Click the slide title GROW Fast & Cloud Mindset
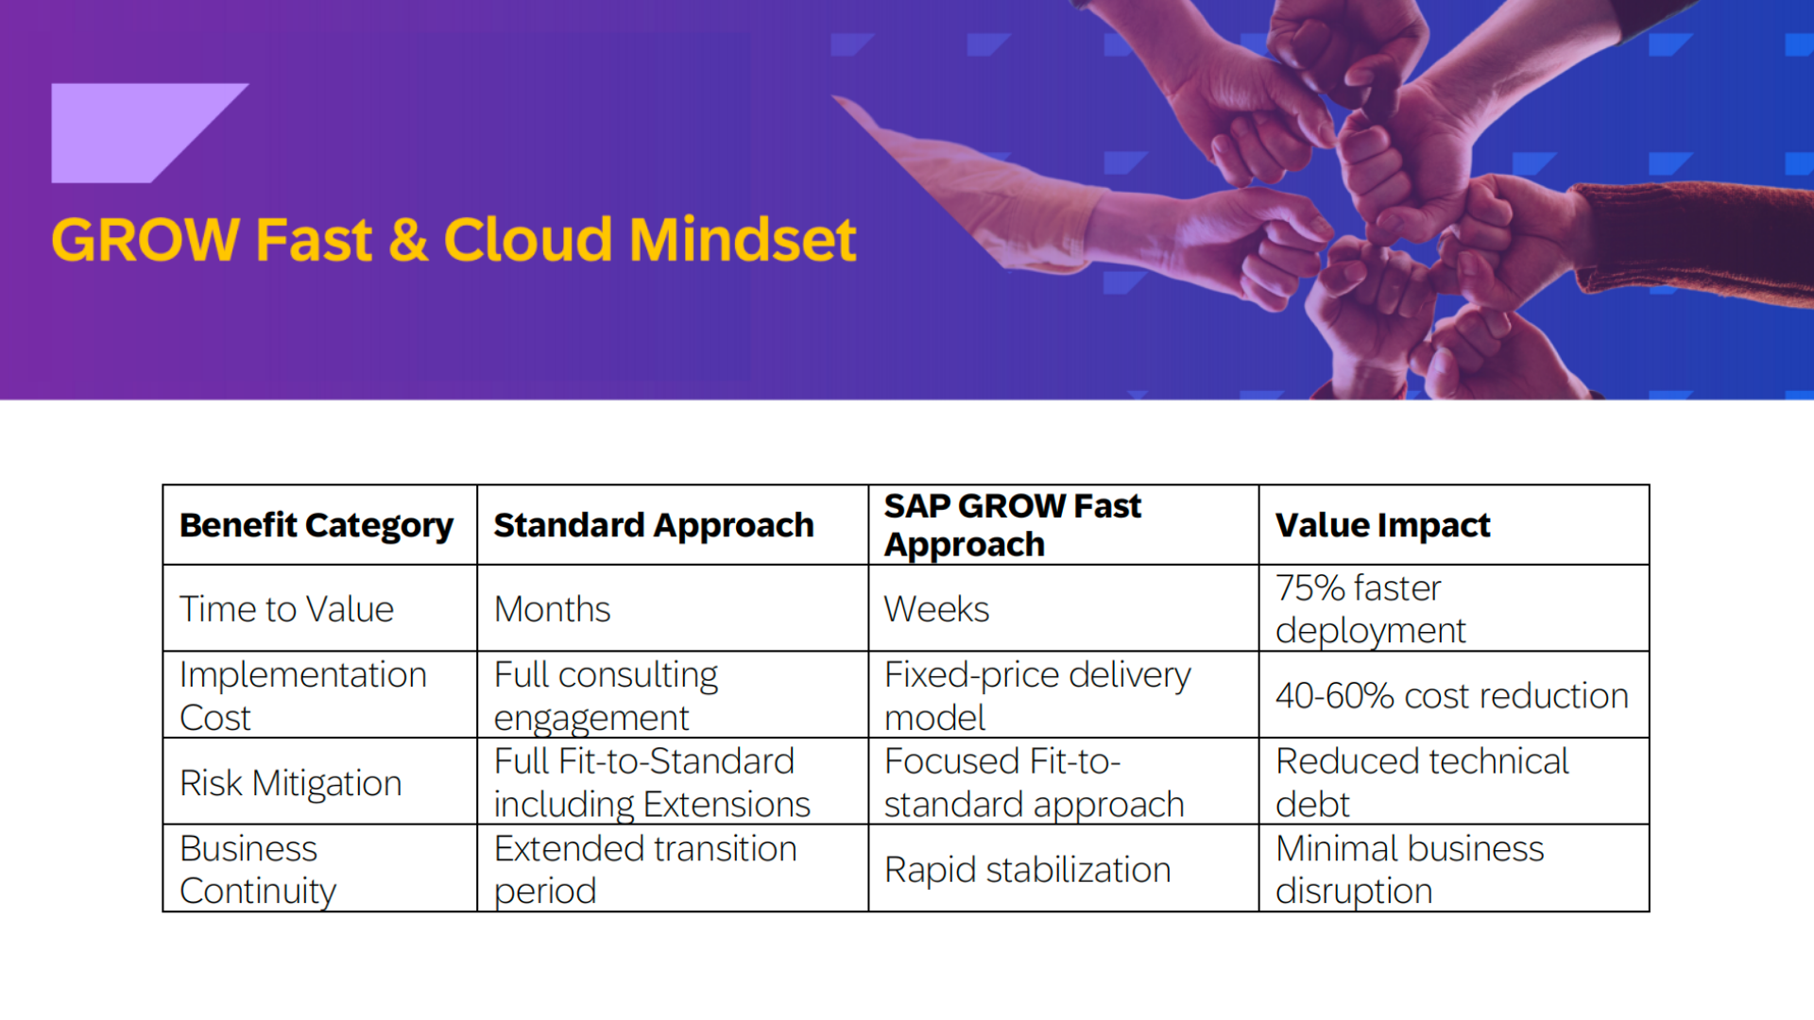click(x=453, y=240)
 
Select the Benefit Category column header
click(x=317, y=526)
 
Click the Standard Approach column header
click(x=654, y=525)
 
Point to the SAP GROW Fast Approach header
click(x=1013, y=525)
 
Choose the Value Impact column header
click(x=1383, y=525)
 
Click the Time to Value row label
click(x=286, y=609)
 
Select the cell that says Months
click(x=553, y=609)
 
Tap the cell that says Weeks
click(x=937, y=609)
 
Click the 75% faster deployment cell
click(x=1370, y=609)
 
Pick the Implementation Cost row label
click(x=303, y=696)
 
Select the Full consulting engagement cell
click(x=606, y=696)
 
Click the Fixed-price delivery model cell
click(x=1037, y=696)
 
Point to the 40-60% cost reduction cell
click(x=1452, y=696)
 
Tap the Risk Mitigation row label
click(x=291, y=783)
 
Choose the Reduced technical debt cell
click(x=1422, y=783)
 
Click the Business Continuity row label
click(x=258, y=870)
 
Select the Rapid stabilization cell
click(x=1027, y=870)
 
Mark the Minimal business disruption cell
click(x=1410, y=870)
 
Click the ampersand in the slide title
click(x=408, y=240)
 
